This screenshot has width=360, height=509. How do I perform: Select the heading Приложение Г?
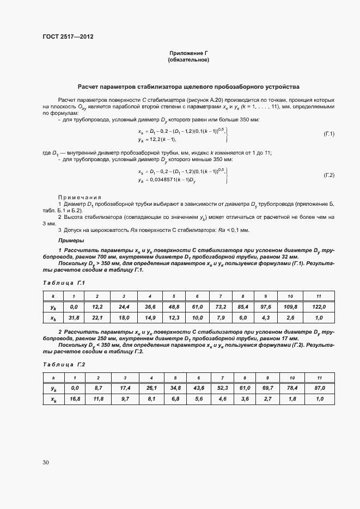pyautogui.click(x=188, y=53)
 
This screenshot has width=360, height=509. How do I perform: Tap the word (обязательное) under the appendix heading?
pyautogui.click(x=188, y=60)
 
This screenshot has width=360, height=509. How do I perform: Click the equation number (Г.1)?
pyautogui.click(x=329, y=133)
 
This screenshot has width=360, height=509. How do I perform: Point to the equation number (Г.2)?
pyautogui.click(x=329, y=175)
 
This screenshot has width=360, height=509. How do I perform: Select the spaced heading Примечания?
pyautogui.click(x=80, y=197)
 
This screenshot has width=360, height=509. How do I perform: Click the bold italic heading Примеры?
pyautogui.click(x=71, y=240)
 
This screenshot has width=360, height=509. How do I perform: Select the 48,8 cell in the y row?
pyautogui.click(x=174, y=307)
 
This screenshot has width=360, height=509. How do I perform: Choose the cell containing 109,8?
pyautogui.click(x=290, y=307)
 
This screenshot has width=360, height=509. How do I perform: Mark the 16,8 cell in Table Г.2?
pyautogui.click(x=74, y=398)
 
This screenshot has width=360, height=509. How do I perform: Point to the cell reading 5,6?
pyautogui.click(x=198, y=398)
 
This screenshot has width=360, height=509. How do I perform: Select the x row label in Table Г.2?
pyautogui.click(x=53, y=398)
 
